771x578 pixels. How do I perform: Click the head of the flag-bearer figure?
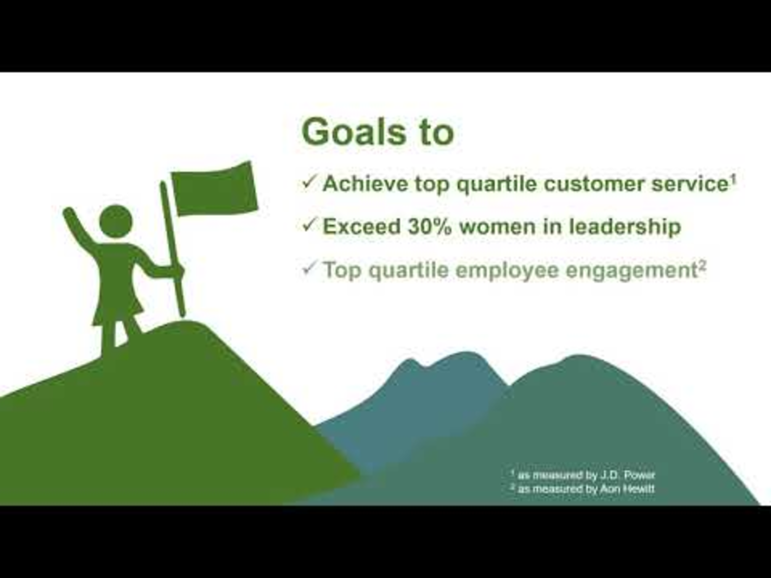pos(116,221)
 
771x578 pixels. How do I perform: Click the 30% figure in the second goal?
pos(430,226)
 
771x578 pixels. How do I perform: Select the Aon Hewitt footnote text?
pos(582,489)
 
